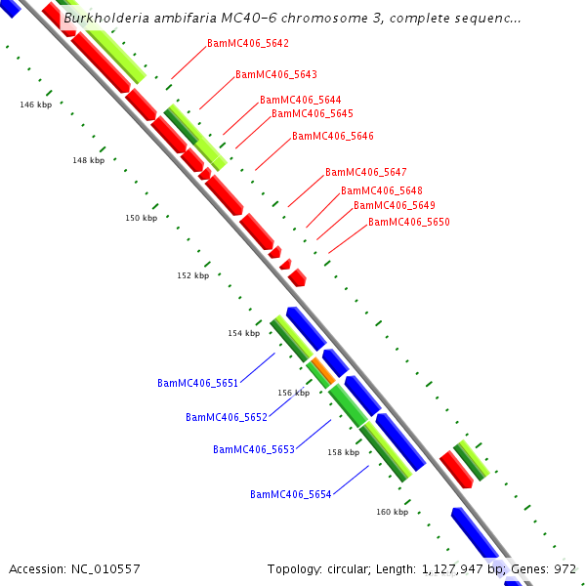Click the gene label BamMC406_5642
coord(248,44)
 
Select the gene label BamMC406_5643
coord(275,75)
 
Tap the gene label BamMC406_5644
coord(300,101)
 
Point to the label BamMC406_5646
coord(332,137)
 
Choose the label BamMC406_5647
coord(365,173)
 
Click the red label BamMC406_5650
coord(408,224)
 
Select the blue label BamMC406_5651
coord(197,384)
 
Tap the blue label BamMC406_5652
coord(226,418)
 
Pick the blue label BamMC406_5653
coord(253,450)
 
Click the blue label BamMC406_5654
coord(290,495)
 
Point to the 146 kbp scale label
coord(35,105)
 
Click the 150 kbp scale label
coord(141,219)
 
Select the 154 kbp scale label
coord(243,334)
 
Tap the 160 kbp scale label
coord(392,512)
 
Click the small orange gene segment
coord(323,371)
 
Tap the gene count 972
coord(565,568)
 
